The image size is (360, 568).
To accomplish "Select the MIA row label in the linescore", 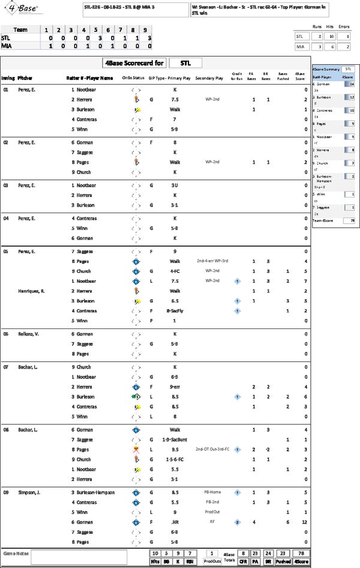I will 7,46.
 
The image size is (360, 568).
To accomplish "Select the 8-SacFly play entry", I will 173,311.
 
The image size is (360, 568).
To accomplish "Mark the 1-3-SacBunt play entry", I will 173,440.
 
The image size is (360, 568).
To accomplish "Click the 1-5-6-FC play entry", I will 173,460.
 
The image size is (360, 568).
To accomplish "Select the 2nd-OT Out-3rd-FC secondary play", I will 213,449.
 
